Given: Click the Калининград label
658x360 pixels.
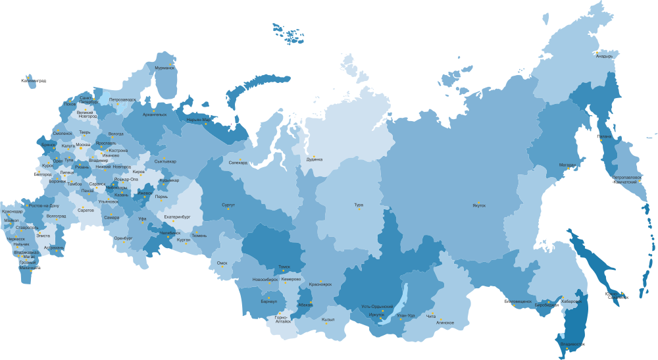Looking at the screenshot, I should tap(34, 80).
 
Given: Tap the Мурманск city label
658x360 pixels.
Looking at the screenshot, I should tap(165, 68).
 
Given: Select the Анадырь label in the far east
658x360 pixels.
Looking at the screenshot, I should tap(604, 56).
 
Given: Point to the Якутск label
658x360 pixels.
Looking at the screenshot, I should tap(479, 205).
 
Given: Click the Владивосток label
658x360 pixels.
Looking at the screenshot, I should tap(572, 344).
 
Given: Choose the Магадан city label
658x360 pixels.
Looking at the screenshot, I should tap(569, 165).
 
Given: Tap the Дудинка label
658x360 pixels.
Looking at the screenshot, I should tap(315, 159).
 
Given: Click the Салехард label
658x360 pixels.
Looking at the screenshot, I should tap(238, 162).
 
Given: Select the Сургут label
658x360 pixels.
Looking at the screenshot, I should tap(228, 205).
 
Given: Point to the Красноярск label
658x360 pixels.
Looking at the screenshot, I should tap(320, 284).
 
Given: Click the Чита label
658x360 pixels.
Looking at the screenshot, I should tap(431, 316).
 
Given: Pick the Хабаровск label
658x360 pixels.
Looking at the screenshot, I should tap(572, 301).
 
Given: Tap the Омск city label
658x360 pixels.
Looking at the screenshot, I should tap(222, 263).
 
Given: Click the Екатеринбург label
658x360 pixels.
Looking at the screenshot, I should tap(177, 216).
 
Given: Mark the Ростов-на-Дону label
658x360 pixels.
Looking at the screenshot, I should tap(43, 206).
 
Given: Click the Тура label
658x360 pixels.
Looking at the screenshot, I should tap(359, 205).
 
